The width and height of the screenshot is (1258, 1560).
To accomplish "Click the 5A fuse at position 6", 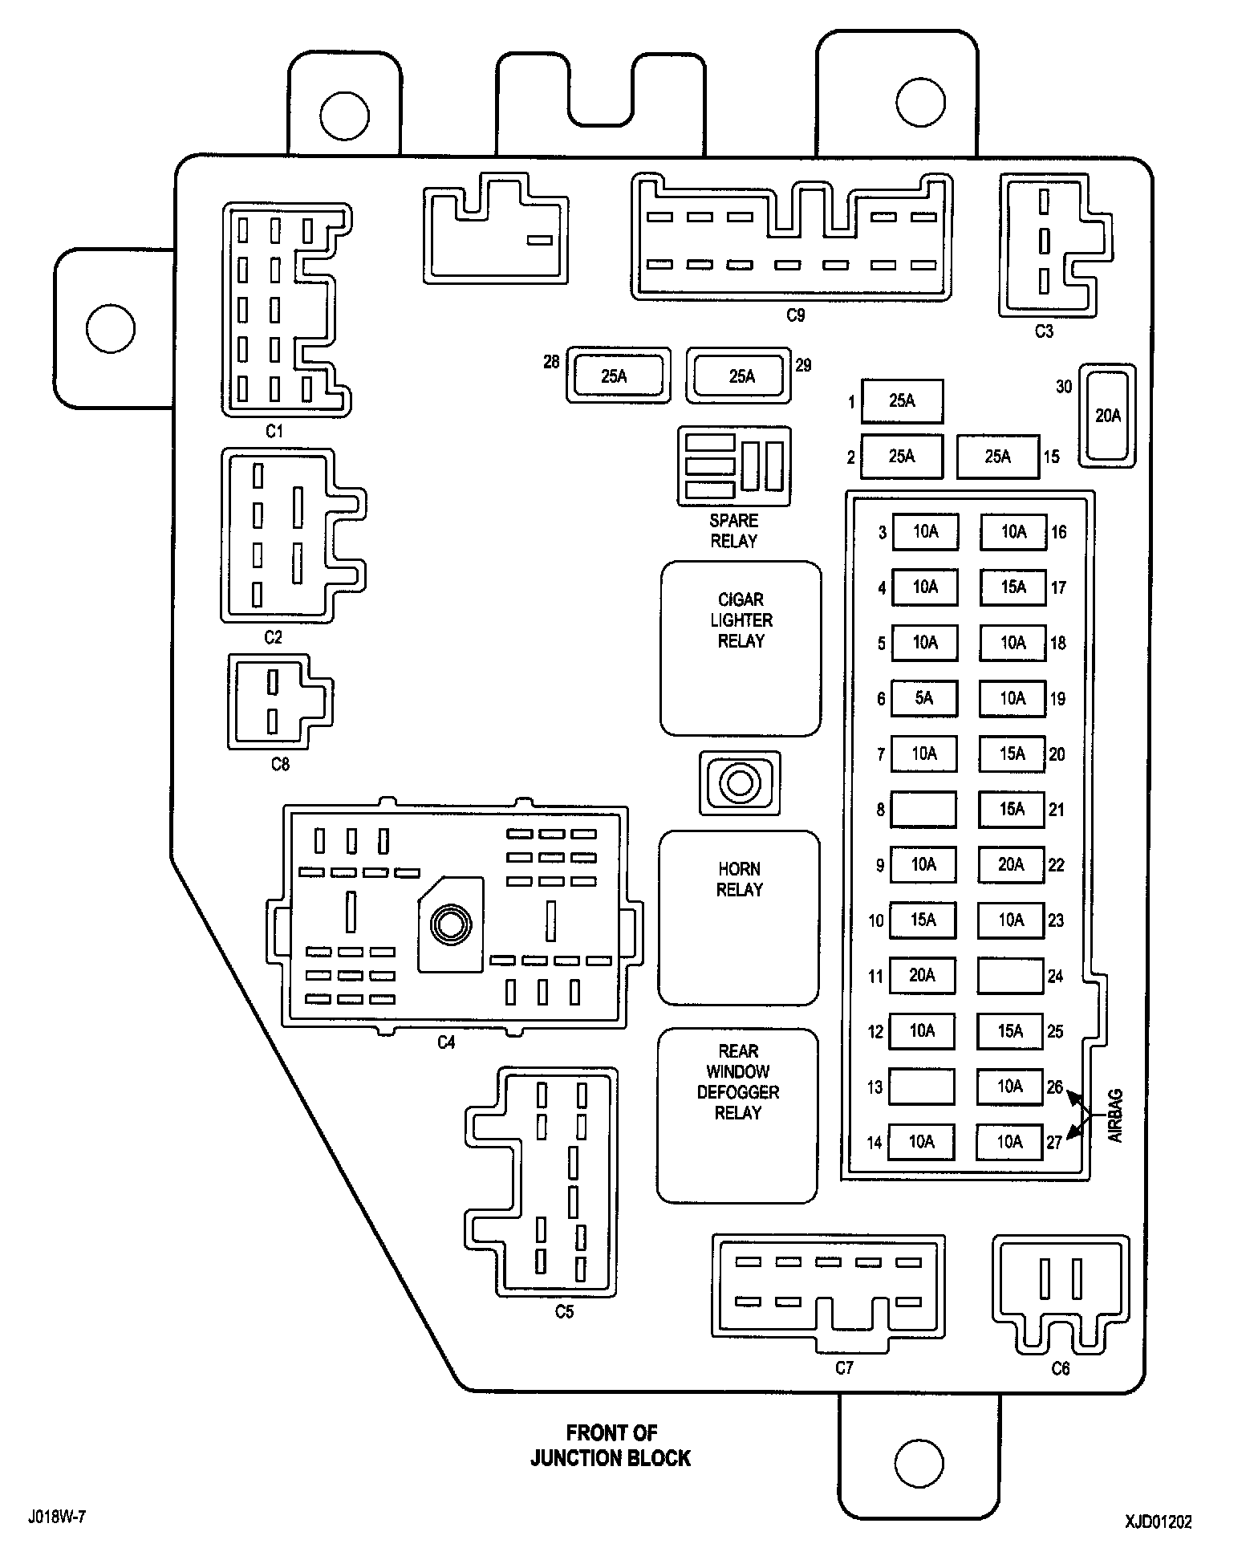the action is click(923, 698).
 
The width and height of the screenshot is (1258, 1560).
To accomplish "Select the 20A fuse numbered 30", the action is click(1107, 415).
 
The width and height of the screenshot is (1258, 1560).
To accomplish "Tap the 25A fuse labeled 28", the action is click(618, 376).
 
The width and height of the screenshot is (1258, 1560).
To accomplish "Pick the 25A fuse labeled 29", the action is click(739, 376).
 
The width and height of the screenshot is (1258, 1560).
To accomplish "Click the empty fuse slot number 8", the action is click(923, 809).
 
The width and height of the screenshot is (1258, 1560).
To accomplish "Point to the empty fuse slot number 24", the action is click(1010, 976).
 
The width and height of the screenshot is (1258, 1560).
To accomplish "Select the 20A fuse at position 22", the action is click(1011, 864).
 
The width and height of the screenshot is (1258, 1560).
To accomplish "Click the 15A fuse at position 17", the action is click(1013, 587).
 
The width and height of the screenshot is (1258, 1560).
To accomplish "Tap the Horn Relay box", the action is click(739, 917).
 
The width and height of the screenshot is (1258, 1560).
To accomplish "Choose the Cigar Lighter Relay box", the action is click(741, 648).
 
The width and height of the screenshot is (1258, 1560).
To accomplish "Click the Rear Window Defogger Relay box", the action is click(737, 1115).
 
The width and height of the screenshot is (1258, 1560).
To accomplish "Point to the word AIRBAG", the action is click(1116, 1115).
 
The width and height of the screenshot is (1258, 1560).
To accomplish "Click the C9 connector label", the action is click(795, 315).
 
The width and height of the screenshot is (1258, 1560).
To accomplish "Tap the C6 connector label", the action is click(1061, 1368).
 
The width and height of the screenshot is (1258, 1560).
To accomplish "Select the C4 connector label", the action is click(446, 1042).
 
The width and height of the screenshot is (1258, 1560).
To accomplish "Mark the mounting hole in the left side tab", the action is click(110, 328).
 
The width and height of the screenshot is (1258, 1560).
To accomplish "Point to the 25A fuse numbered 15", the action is click(998, 457).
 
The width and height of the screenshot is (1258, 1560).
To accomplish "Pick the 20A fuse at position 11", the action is click(923, 976).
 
